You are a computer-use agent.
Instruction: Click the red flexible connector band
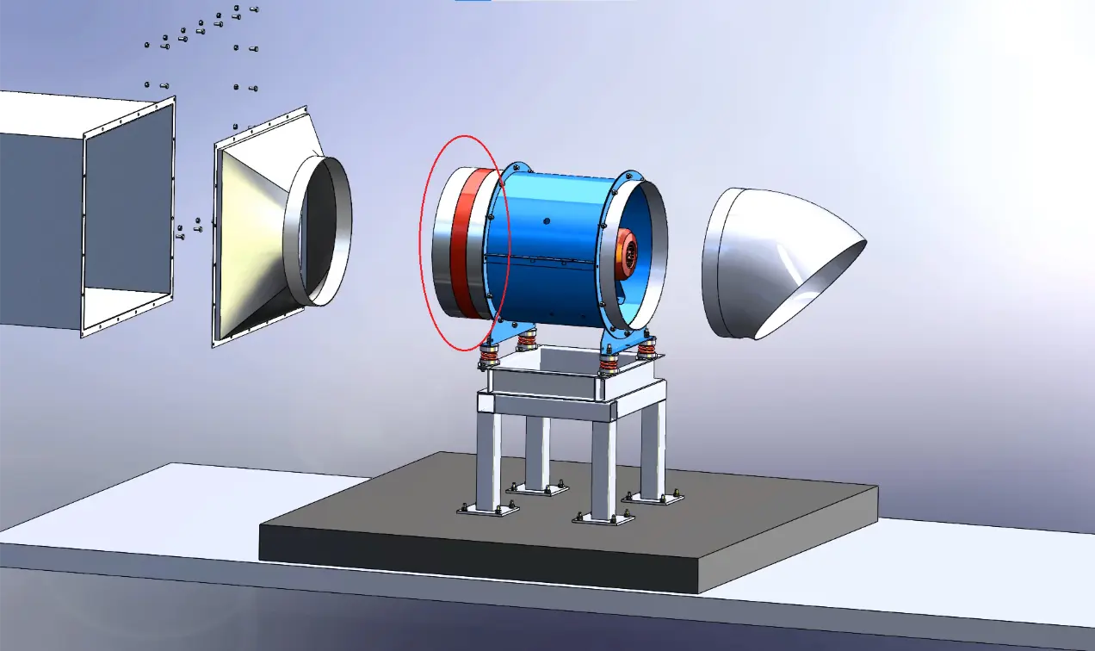click(x=467, y=243)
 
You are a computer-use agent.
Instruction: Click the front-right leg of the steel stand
click(x=603, y=469)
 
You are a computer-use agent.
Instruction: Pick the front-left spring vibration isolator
click(x=490, y=354)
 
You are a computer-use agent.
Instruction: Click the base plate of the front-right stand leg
click(x=602, y=518)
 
